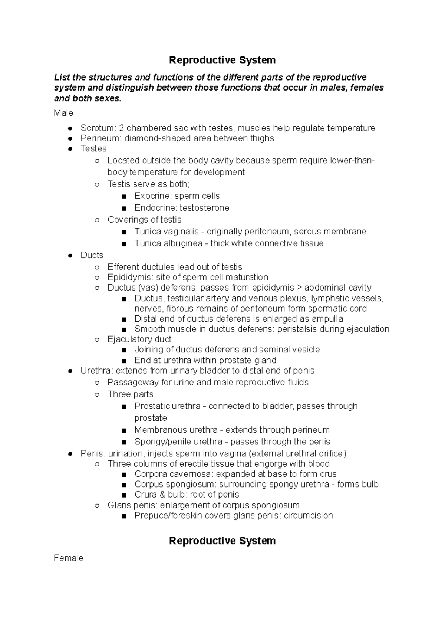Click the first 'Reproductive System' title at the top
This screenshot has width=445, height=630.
click(x=222, y=60)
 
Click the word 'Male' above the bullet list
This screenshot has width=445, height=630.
click(x=63, y=113)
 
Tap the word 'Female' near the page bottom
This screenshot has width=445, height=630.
click(x=68, y=558)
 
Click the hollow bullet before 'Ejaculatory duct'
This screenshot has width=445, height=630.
click(x=97, y=339)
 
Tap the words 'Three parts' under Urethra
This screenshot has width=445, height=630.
click(x=130, y=394)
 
